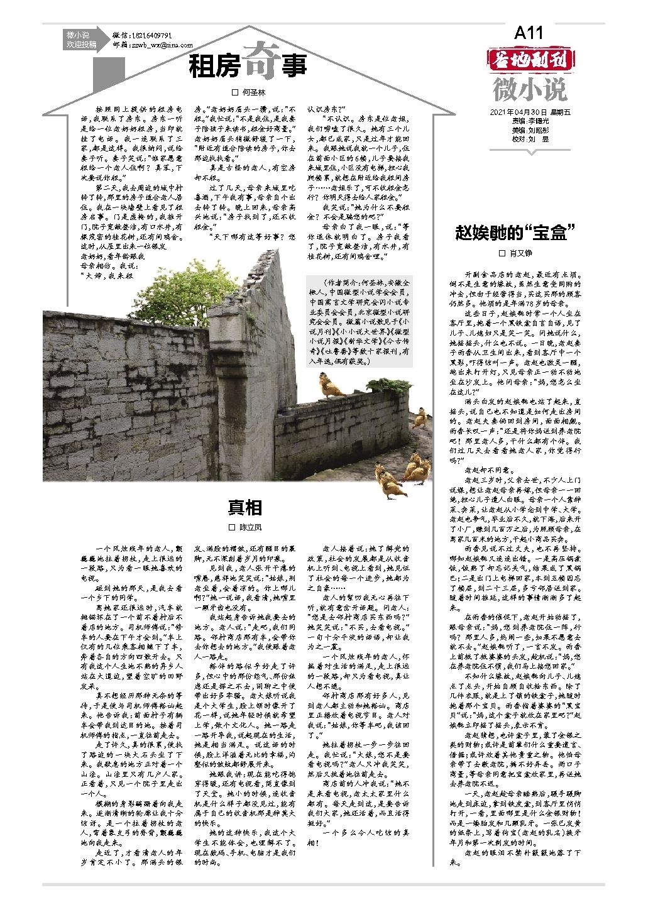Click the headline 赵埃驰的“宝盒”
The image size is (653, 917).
tap(515, 233)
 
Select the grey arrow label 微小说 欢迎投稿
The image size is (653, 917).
tap(81, 40)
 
